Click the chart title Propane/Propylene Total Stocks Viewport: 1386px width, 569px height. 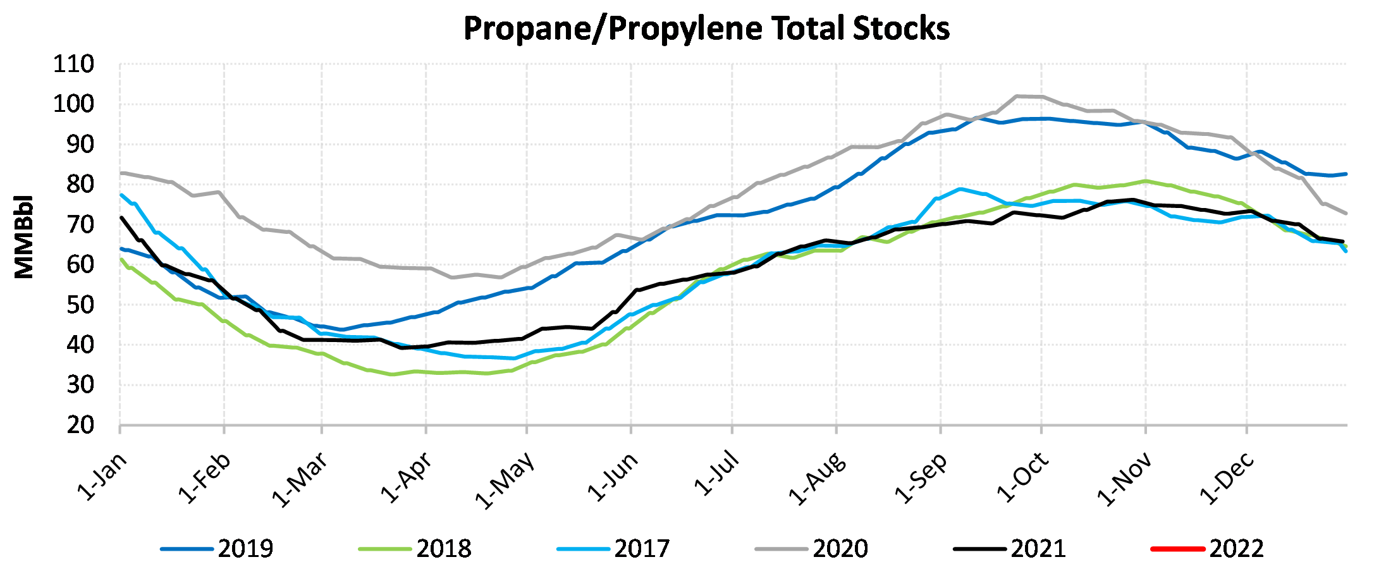[706, 28]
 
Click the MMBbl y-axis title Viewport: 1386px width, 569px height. [24, 236]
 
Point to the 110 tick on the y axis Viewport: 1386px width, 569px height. [73, 64]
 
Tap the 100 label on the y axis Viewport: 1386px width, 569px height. [73, 104]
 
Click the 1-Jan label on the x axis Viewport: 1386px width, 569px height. [102, 477]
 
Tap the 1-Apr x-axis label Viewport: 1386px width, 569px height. [407, 478]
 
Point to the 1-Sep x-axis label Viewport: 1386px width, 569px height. [921, 478]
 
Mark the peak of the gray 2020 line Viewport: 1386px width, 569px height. [1017, 96]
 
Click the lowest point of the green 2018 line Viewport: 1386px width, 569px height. [393, 374]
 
